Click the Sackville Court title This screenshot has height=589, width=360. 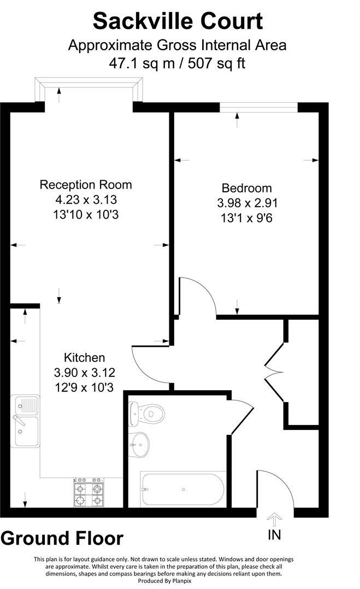178,21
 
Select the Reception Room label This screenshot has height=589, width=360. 86,185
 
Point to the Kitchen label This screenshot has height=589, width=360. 85,358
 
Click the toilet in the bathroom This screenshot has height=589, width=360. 146,414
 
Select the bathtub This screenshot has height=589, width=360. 183,488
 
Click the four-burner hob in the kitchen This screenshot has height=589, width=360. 88,493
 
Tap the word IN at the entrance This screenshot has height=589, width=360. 274,534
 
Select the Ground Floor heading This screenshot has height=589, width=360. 62,539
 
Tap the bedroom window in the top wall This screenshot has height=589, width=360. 258,107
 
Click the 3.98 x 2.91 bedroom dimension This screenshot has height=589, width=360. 247,203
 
